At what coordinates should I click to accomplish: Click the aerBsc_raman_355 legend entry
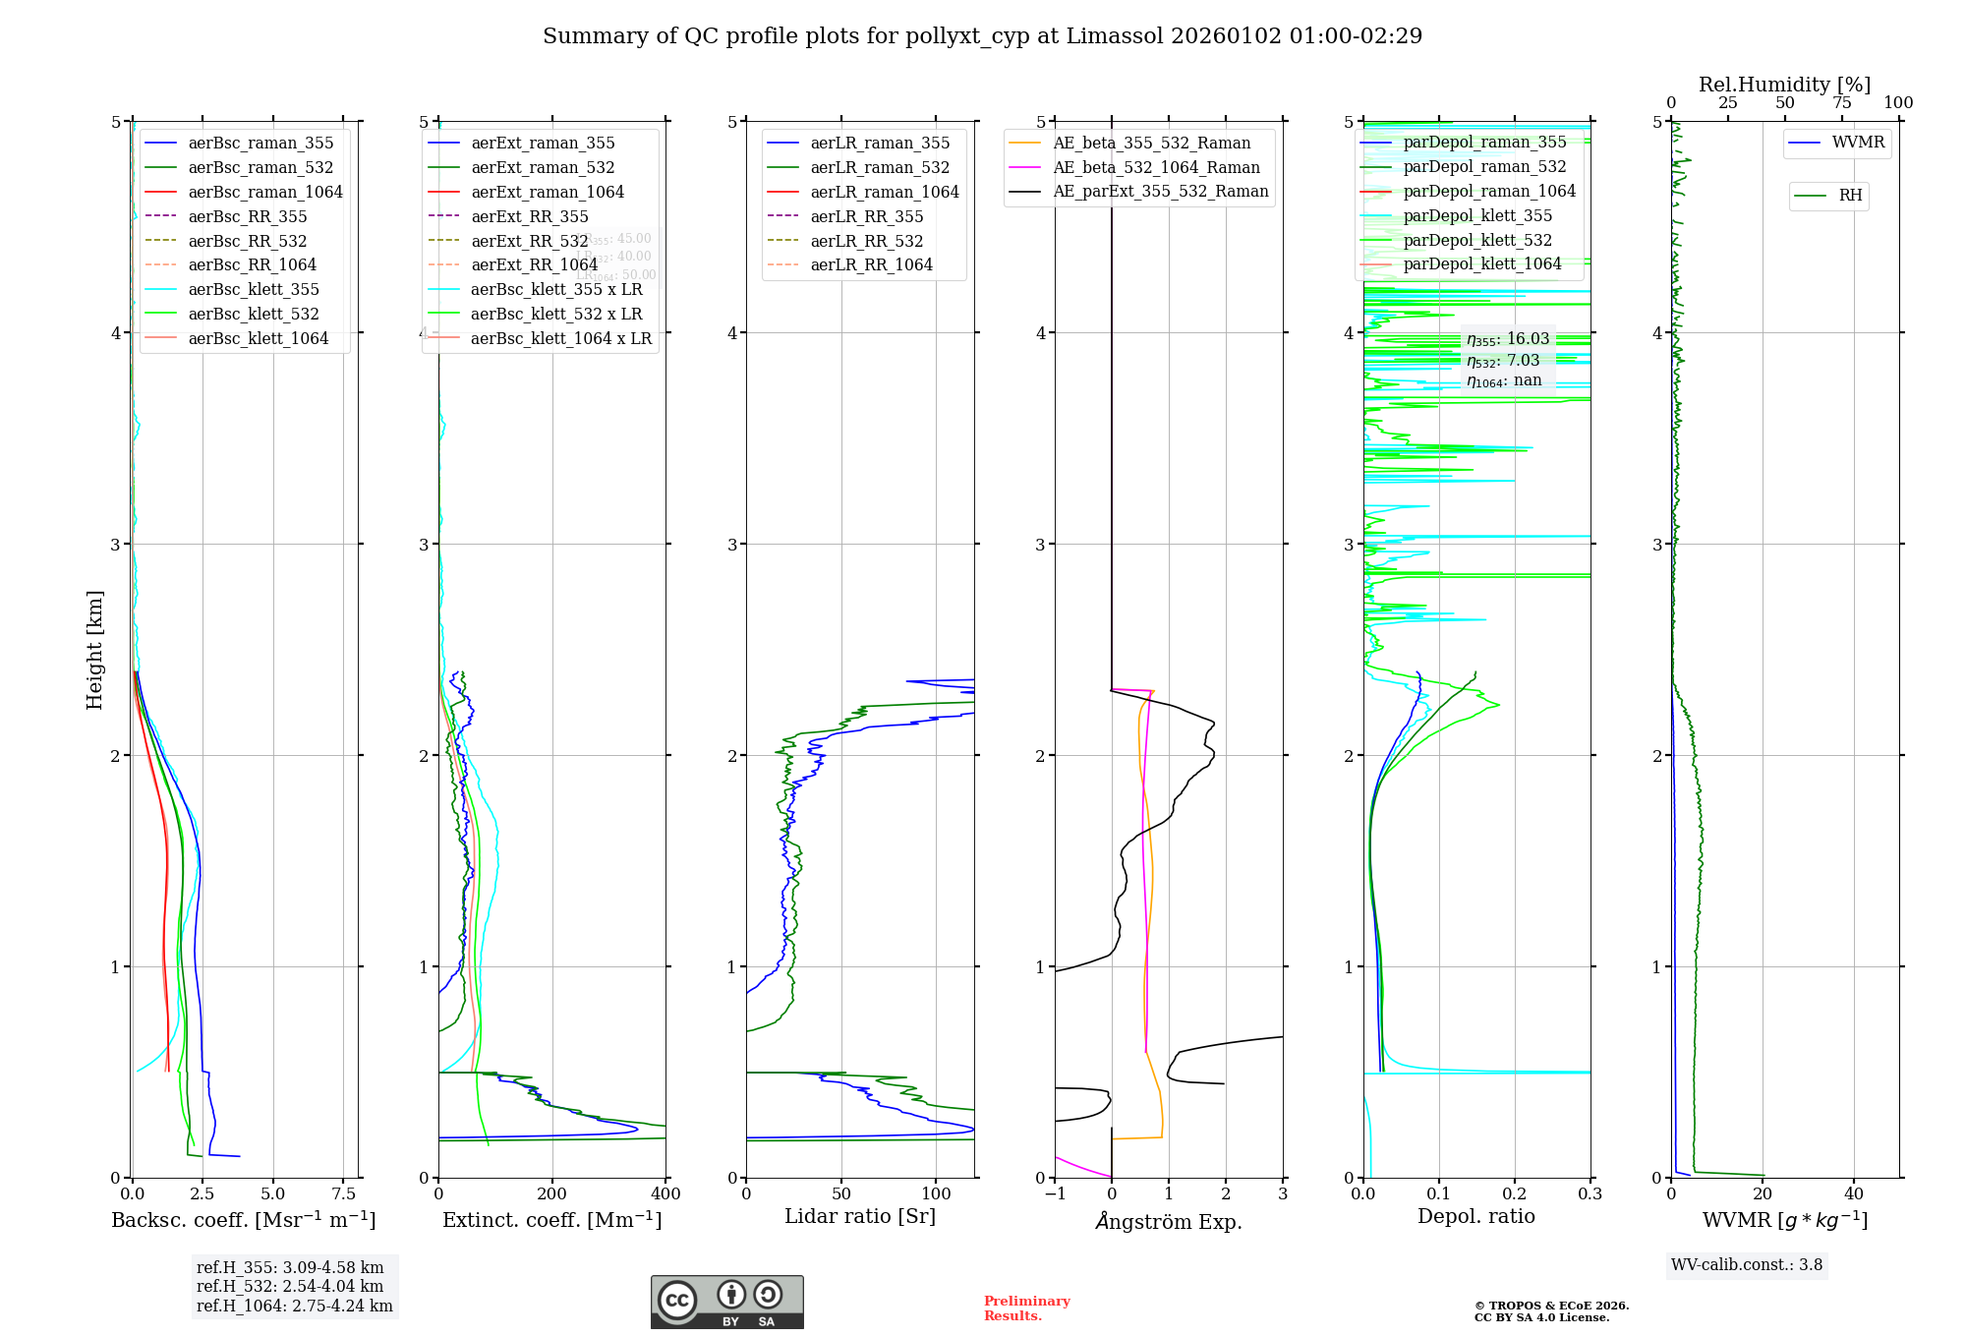(x=260, y=144)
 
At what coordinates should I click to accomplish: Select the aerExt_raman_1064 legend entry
(x=548, y=193)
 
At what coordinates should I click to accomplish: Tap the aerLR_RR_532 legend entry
(x=866, y=242)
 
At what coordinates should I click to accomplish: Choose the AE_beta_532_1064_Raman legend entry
(x=1156, y=168)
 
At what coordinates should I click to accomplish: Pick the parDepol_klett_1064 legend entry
(x=1481, y=264)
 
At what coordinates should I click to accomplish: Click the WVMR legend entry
(x=1858, y=144)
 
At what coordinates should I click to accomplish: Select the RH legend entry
(x=1850, y=196)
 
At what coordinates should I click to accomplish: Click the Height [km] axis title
(x=94, y=650)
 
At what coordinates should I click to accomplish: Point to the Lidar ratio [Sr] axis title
(x=860, y=1217)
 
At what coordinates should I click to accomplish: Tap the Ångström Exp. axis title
(x=1169, y=1222)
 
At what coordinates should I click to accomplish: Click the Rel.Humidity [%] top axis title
(x=1784, y=85)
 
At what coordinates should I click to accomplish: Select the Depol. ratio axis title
(x=1475, y=1217)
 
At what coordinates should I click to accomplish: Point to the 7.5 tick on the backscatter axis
(x=343, y=1194)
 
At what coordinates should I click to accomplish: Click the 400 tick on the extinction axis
(x=665, y=1194)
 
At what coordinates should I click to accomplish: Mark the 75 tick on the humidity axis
(x=1841, y=103)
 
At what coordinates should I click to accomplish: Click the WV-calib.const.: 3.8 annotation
(x=1747, y=1265)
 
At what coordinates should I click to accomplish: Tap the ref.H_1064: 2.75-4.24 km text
(x=294, y=1307)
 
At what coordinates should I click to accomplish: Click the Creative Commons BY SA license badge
(x=726, y=1303)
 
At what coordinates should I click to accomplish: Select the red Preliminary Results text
(x=1026, y=1308)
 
